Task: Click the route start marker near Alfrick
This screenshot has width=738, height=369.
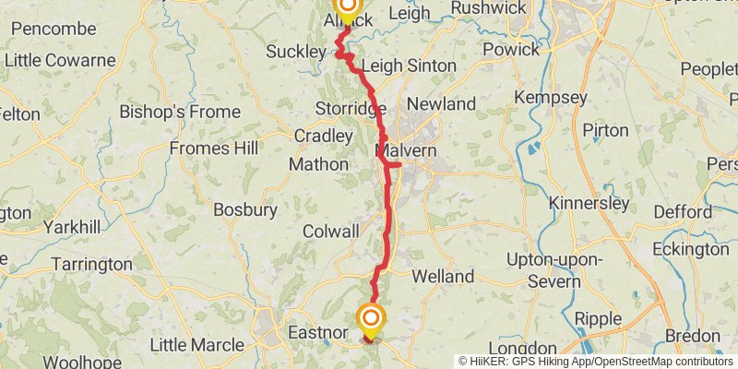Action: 348,8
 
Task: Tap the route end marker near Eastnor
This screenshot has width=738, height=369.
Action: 371,319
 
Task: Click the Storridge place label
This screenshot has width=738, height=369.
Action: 351,109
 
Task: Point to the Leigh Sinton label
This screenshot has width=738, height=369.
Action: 409,66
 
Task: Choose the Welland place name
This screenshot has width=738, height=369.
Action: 443,276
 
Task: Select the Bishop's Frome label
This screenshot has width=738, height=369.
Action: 178,112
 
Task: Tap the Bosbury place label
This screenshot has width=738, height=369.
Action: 245,209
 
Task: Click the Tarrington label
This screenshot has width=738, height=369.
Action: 92,264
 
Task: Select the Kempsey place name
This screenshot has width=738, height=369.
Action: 550,97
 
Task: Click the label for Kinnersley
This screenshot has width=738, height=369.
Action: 589,203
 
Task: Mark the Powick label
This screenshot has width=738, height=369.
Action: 511,49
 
